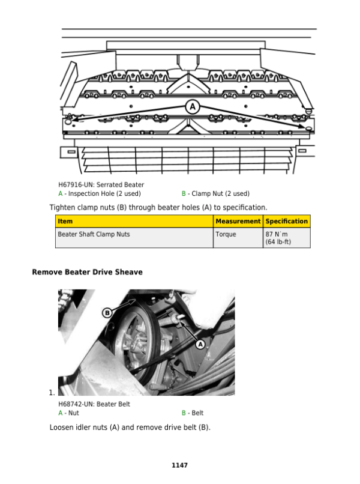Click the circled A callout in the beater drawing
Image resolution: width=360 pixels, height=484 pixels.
tap(192, 107)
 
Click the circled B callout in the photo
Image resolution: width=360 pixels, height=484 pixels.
tap(107, 312)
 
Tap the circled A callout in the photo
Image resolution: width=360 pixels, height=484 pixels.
tap(200, 343)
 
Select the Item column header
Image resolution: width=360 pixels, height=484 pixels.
tap(65, 222)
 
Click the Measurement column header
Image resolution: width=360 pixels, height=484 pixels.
tap(238, 222)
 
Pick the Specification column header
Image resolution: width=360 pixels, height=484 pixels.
tap(287, 222)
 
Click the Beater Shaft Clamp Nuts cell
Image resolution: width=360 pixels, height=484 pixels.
tap(94, 234)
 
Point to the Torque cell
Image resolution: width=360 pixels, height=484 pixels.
tap(226, 234)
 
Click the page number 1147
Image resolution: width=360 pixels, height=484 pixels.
tap(179, 465)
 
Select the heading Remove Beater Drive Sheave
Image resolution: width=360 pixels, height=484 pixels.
tap(87, 272)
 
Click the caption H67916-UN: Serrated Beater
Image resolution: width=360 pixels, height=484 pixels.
tap(101, 185)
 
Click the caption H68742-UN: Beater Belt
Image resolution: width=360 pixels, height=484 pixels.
tap(94, 404)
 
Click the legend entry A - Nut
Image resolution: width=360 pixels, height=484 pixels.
tap(68, 413)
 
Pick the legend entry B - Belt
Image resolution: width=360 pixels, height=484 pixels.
tap(193, 413)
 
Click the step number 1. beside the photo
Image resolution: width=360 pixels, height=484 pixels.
tap(52, 393)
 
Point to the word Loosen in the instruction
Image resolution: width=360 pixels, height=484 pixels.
tap(62, 428)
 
